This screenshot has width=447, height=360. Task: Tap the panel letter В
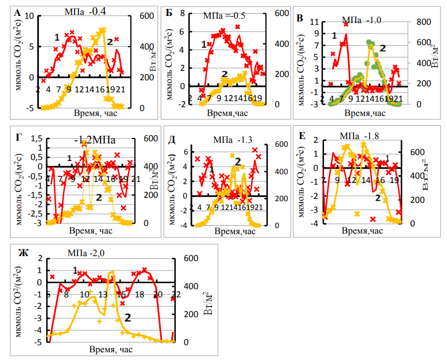point(300,18)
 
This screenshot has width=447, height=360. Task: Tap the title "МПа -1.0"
point(361,20)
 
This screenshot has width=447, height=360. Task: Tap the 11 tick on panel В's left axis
point(315,22)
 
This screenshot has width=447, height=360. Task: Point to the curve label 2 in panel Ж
point(127,317)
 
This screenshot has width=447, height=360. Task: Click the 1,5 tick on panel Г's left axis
point(37,141)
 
